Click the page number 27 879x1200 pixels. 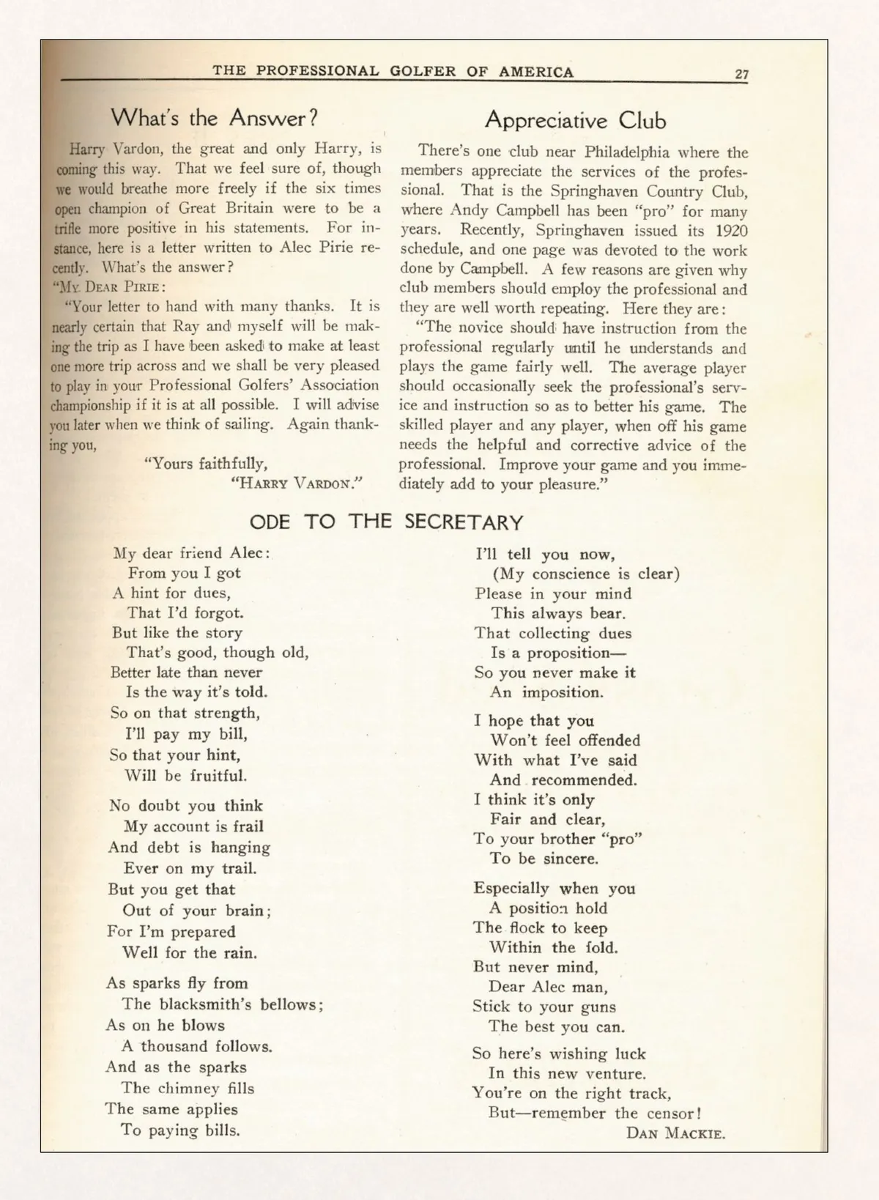(741, 74)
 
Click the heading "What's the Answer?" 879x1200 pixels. (214, 118)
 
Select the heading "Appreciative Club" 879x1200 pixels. (575, 121)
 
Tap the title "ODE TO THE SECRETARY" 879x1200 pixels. (386, 522)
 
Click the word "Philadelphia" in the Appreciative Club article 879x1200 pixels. (626, 152)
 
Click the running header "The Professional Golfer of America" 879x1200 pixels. (393, 72)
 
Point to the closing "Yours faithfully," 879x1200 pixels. (209, 464)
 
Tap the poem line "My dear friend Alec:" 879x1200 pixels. (191, 553)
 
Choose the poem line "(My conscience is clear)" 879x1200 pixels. (586, 574)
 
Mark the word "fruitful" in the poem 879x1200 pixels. (218, 776)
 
